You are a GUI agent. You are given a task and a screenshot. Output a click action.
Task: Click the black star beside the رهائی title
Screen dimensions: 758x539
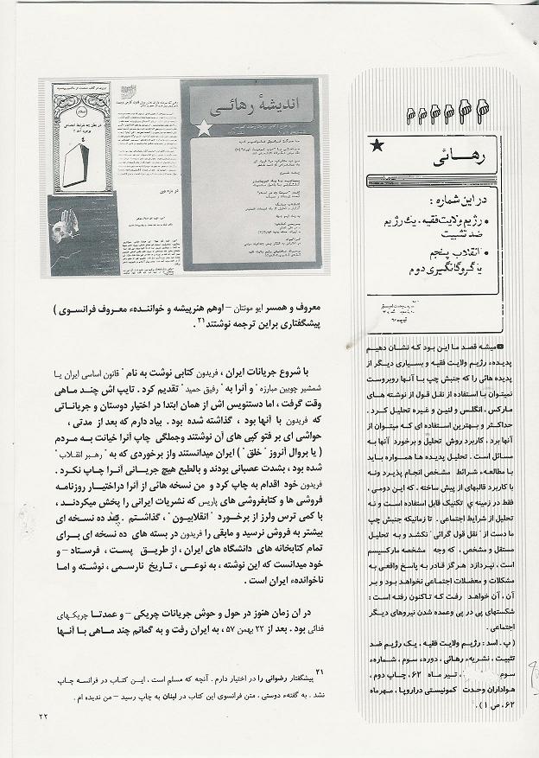tap(377, 149)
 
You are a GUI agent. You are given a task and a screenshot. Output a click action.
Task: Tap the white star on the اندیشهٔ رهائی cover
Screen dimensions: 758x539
tap(204, 129)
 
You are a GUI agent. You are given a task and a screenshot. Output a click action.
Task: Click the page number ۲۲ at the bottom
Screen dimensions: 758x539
tap(45, 716)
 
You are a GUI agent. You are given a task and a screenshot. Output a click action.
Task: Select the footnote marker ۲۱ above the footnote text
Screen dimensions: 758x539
tap(317, 671)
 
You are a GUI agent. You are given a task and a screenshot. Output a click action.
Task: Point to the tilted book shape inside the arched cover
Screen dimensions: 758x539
tap(80, 162)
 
